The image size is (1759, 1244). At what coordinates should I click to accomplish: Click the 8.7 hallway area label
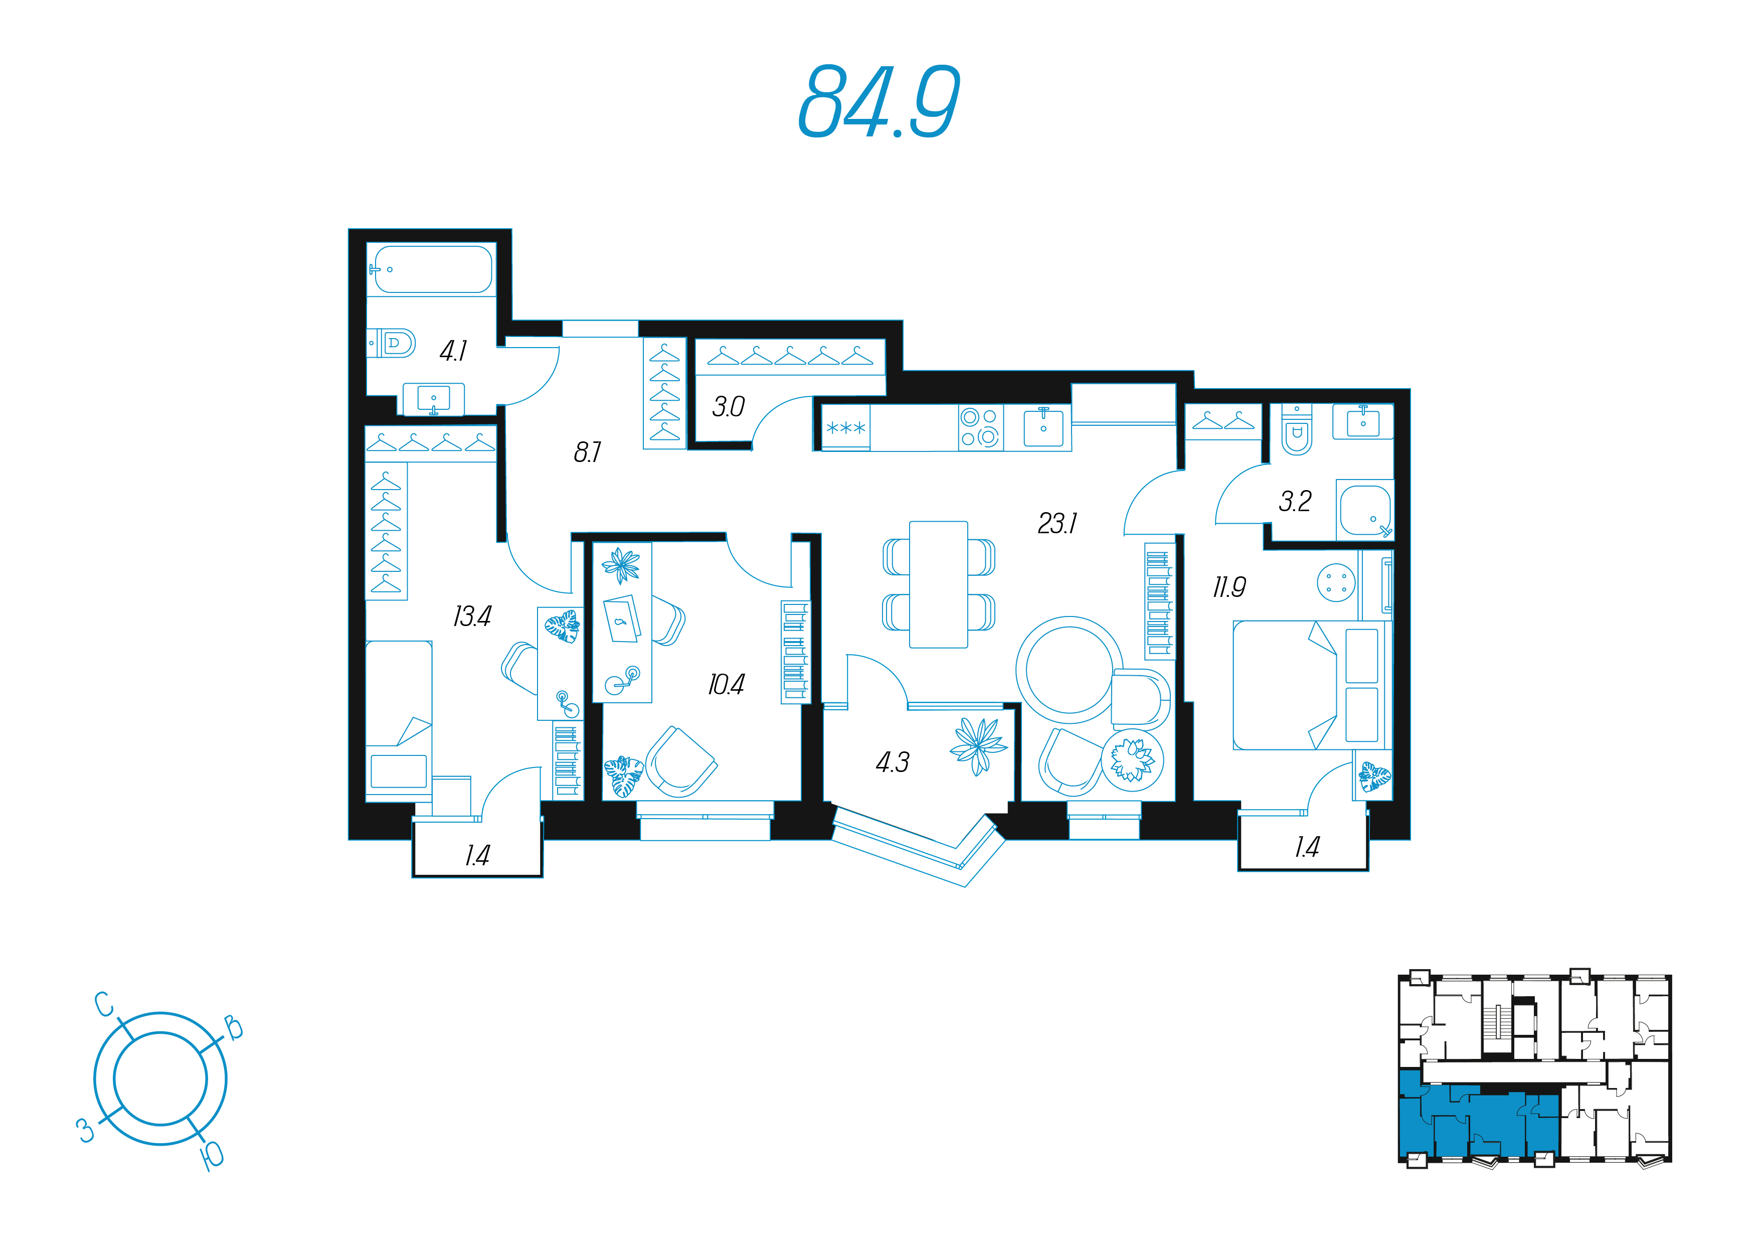pyautogui.click(x=588, y=452)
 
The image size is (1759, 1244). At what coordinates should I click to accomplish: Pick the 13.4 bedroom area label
pyautogui.click(x=472, y=616)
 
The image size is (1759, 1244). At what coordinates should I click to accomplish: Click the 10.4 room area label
pyautogui.click(x=726, y=685)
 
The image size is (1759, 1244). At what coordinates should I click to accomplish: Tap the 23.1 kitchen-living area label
pyautogui.click(x=1057, y=524)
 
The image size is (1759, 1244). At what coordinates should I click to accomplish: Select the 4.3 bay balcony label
pyautogui.click(x=893, y=762)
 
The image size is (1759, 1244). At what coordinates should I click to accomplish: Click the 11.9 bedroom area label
pyautogui.click(x=1229, y=587)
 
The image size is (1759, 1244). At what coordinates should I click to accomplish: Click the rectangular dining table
pyautogui.click(x=939, y=585)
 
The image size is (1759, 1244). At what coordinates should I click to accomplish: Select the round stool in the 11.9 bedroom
pyautogui.click(x=1336, y=583)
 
